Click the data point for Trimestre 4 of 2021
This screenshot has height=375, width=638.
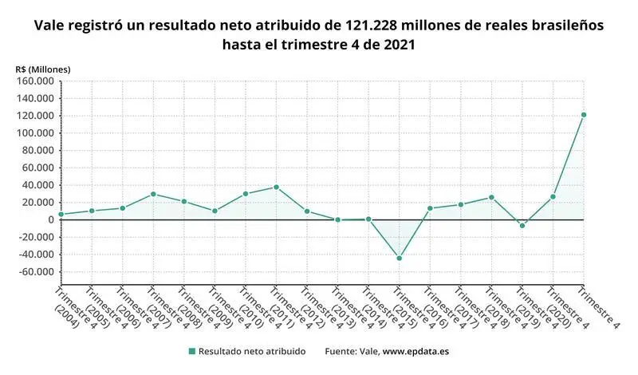(584, 115)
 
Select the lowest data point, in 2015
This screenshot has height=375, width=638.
(399, 259)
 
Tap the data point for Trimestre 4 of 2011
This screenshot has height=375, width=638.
(276, 187)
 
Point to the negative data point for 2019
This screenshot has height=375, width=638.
(522, 226)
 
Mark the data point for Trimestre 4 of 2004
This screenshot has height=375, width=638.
(61, 215)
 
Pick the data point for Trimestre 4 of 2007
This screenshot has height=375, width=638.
(153, 194)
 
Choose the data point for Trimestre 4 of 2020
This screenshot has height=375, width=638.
(553, 196)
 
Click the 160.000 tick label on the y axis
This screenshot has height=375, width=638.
(34, 81)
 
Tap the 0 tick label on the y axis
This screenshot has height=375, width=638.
(50, 219)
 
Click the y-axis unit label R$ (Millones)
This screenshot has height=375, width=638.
(42, 69)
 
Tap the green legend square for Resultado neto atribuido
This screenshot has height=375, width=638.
(191, 351)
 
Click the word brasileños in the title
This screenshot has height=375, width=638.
(564, 26)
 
